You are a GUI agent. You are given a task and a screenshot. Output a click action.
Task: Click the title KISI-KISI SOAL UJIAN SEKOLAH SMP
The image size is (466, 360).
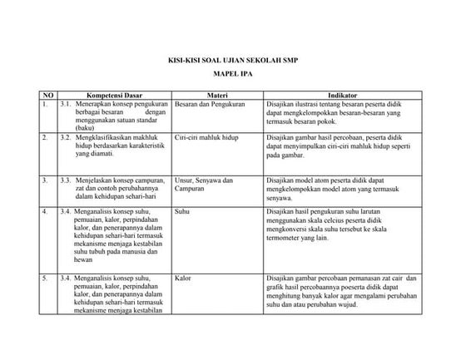point(232,62)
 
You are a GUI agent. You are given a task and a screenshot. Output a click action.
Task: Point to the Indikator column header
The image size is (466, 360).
point(343,96)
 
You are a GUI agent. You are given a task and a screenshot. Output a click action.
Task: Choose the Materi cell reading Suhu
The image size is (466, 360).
point(183,211)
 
